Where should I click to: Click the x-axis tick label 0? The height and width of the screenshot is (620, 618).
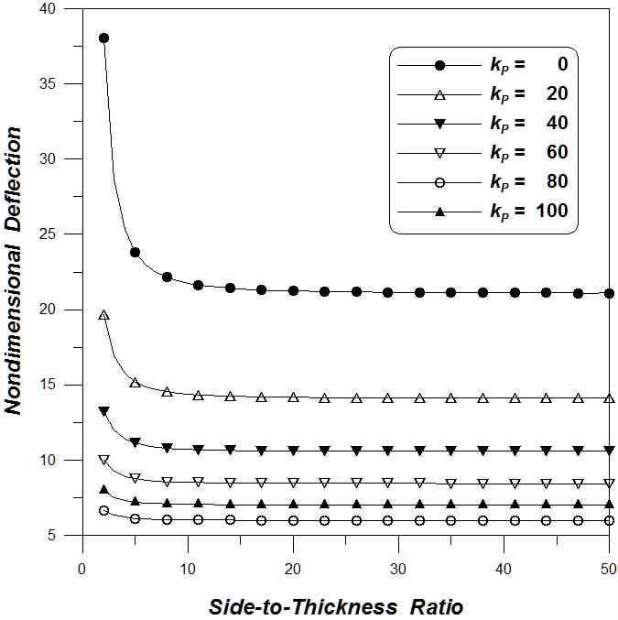(82, 568)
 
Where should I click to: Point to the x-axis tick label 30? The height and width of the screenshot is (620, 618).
(398, 568)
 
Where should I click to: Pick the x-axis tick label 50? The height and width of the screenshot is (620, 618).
(609, 568)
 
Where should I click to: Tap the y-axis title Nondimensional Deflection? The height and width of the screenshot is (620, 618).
(16, 272)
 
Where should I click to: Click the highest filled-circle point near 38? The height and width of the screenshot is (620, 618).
(103, 38)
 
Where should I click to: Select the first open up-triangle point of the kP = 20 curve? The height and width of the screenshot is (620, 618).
(103, 315)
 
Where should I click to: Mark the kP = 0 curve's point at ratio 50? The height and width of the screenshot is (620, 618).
(609, 293)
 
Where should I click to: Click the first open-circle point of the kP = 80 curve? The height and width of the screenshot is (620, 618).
(103, 510)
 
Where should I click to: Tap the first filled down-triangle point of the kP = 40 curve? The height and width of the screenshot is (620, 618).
(103, 411)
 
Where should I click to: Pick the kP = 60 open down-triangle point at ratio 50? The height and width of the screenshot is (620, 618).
(609, 483)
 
